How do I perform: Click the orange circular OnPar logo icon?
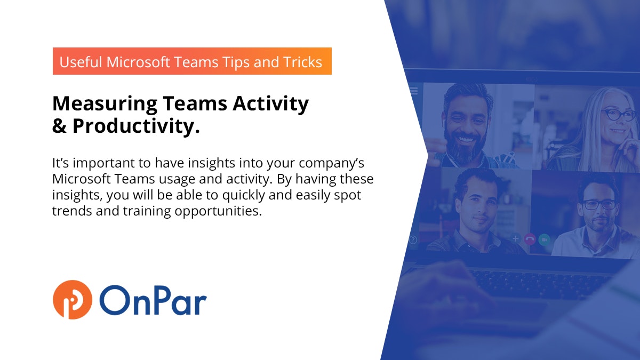tap(73, 300)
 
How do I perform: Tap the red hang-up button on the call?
tap(530, 239)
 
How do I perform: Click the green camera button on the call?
tap(544, 239)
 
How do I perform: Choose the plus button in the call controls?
tap(516, 239)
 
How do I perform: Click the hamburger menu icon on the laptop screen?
tap(413, 91)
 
